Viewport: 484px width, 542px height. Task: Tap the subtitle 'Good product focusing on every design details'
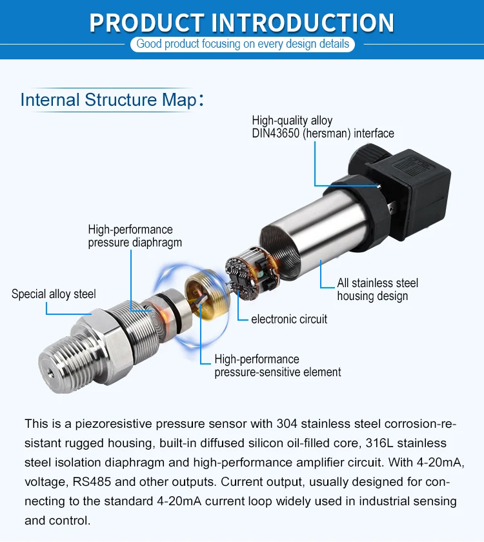tap(243, 45)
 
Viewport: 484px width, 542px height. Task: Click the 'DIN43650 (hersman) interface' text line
tap(323, 134)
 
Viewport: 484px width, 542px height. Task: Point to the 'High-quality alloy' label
tap(292, 121)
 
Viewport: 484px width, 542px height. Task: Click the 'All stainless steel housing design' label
tap(378, 290)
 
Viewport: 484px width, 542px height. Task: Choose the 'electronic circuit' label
tap(289, 319)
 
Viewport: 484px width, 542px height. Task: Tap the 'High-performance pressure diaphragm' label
tap(135, 236)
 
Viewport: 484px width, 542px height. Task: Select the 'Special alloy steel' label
tap(54, 294)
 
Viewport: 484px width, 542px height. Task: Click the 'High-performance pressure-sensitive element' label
tap(277, 366)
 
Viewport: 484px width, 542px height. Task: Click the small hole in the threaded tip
tap(51, 372)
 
